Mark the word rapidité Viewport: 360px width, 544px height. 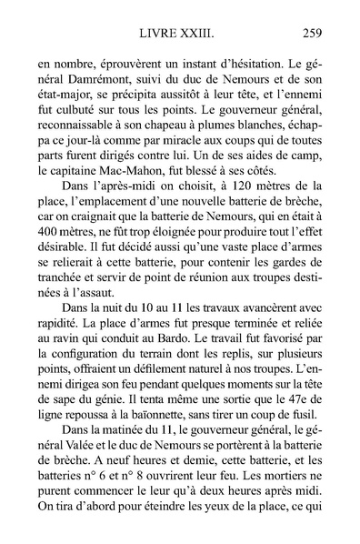point(57,396)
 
